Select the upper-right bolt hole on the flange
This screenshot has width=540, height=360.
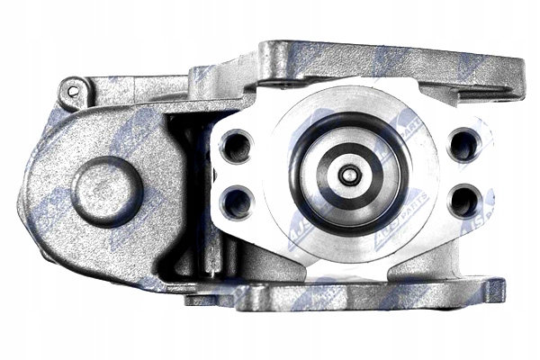tap(463, 143)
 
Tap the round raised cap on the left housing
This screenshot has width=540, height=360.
tap(107, 191)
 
